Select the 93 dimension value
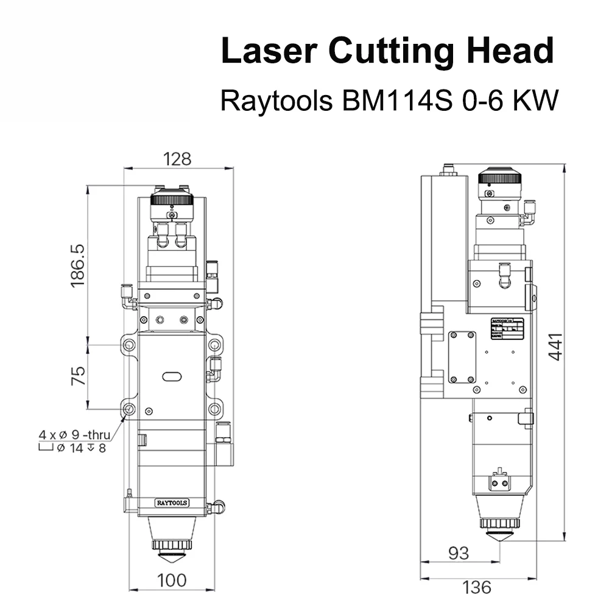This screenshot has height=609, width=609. [459, 553]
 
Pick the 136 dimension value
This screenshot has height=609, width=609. [476, 587]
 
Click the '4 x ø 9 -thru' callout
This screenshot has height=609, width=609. [74, 435]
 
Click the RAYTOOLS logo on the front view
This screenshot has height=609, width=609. [172, 502]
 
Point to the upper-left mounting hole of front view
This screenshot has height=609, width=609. [129, 345]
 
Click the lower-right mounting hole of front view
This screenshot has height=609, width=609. [214, 409]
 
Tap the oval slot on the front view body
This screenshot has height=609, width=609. [172, 377]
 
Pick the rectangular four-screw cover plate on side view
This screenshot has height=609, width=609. [462, 357]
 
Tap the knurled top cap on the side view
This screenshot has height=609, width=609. [501, 178]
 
